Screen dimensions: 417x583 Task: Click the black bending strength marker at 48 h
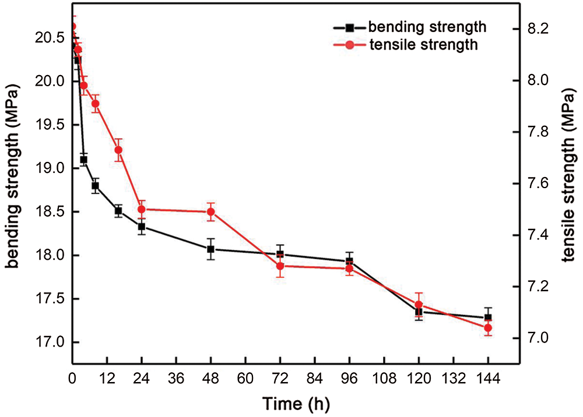click(210, 249)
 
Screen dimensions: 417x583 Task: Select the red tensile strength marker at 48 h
click(210, 211)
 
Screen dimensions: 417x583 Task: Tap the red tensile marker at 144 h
click(488, 328)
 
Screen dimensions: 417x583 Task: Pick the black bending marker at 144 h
click(488, 317)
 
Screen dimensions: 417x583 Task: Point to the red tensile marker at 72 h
click(280, 266)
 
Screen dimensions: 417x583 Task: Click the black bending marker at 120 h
click(419, 312)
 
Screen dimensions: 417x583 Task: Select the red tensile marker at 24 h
click(141, 209)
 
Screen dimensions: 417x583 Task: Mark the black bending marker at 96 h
click(349, 261)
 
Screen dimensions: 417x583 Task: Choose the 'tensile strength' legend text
click(424, 45)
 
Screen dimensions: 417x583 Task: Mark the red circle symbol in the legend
click(350, 45)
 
